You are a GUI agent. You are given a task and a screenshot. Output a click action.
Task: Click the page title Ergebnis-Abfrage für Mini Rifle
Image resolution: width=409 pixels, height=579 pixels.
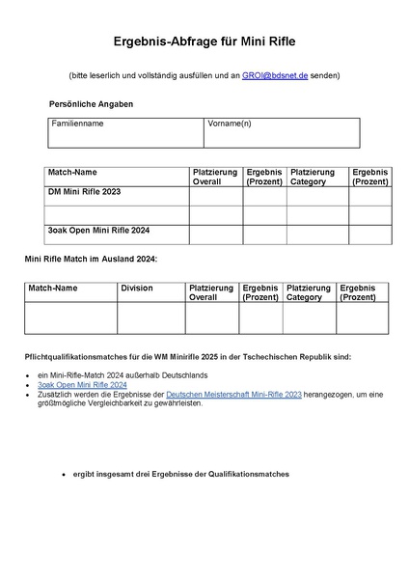[x=204, y=41]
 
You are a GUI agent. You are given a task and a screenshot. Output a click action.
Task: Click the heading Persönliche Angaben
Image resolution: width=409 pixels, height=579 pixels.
[x=91, y=103]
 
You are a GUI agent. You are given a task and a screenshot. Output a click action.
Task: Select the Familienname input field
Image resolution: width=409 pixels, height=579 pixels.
[x=125, y=138]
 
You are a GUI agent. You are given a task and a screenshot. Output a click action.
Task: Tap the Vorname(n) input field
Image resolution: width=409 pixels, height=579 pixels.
[x=282, y=138]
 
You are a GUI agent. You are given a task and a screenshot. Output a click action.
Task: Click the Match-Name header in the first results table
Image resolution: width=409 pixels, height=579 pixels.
[x=72, y=172]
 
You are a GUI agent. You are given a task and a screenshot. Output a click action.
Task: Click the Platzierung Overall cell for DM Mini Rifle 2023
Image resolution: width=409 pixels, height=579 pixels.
[x=215, y=196]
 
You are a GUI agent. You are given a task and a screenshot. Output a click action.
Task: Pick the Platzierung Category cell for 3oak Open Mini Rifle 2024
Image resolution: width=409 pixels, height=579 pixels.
[x=316, y=234]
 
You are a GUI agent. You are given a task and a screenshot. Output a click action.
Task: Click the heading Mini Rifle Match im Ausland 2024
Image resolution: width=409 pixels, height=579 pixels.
[x=90, y=260]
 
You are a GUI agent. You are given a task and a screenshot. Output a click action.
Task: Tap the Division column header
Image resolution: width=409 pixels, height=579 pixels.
[x=137, y=288]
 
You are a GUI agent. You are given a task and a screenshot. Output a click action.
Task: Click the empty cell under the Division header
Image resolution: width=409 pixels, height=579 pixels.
[x=150, y=318]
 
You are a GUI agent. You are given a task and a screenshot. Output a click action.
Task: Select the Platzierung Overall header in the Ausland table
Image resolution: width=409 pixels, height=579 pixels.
[x=211, y=292]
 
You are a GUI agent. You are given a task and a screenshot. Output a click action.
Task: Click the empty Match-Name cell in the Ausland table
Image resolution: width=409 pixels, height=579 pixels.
[x=70, y=318]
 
